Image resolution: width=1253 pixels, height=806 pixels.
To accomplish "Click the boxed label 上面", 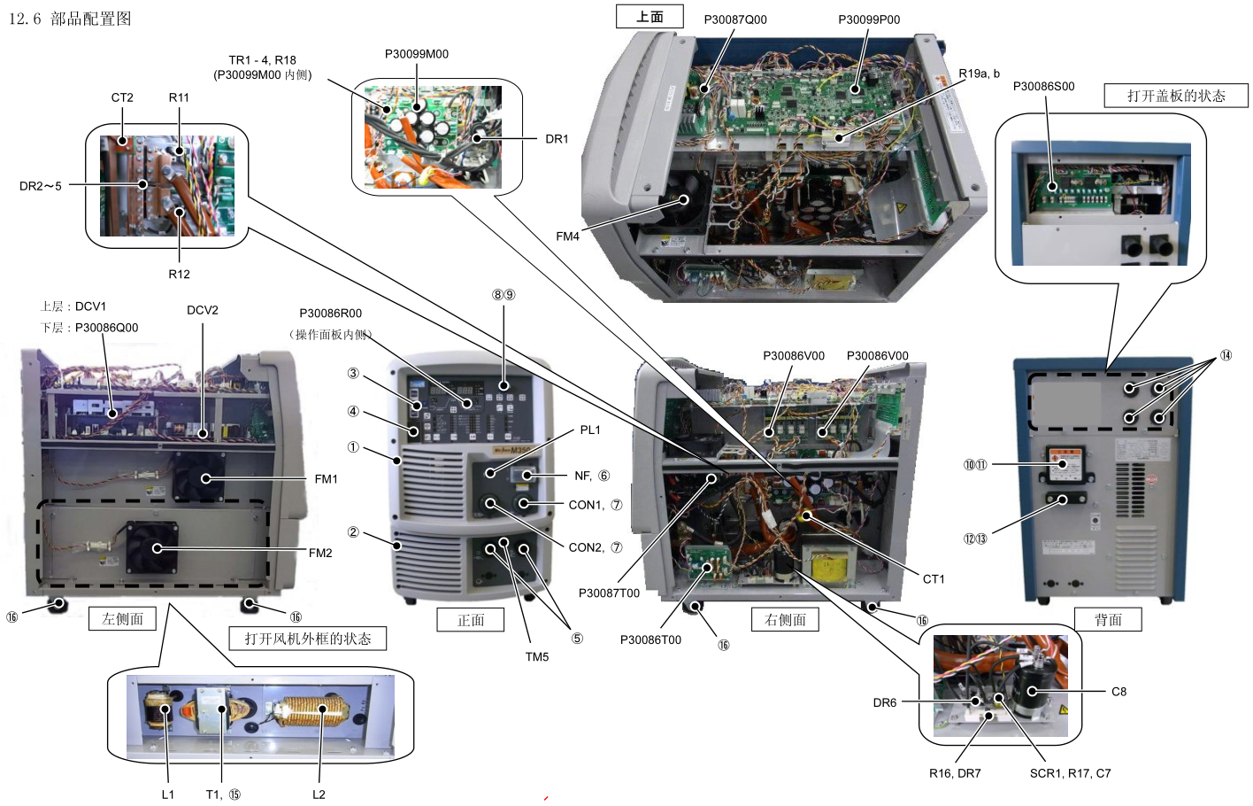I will pyautogui.click(x=650, y=17).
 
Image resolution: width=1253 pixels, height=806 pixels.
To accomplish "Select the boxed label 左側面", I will pyautogui.click(x=122, y=618).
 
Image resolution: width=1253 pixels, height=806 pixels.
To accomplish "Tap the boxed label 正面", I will pyautogui.click(x=470, y=620).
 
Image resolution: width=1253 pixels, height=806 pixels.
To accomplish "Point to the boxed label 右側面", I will pyautogui.click(x=785, y=619).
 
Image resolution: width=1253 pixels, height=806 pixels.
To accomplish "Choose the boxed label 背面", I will pyautogui.click(x=1107, y=619).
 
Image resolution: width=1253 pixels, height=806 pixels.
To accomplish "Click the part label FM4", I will pyautogui.click(x=567, y=236).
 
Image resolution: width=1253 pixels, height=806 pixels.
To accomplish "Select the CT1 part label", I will pyautogui.click(x=934, y=579).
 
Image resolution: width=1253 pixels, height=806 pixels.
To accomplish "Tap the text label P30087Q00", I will pyautogui.click(x=735, y=19).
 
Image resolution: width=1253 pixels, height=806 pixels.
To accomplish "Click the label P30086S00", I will pyautogui.click(x=1043, y=86).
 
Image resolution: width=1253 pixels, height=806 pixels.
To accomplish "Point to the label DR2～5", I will pyautogui.click(x=41, y=186).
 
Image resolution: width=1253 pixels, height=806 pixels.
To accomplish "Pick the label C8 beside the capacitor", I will pyautogui.click(x=1118, y=692).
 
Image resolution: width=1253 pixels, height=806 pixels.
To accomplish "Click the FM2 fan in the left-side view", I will pyautogui.click(x=152, y=547).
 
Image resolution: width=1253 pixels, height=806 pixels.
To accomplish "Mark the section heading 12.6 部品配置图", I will pyautogui.click(x=70, y=19).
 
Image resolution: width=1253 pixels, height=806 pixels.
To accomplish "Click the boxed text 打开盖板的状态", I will pyautogui.click(x=1175, y=96).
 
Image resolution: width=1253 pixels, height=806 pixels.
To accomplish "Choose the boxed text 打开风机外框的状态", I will pyautogui.click(x=307, y=639).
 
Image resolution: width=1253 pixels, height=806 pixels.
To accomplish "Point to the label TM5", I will pyautogui.click(x=536, y=657).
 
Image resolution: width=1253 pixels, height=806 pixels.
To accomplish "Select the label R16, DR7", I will pyautogui.click(x=954, y=773).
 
